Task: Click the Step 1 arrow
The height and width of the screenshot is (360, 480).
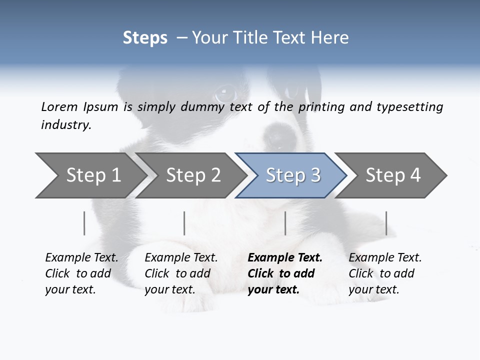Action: pos(90,175)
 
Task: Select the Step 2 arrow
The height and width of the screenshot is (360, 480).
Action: pos(192,175)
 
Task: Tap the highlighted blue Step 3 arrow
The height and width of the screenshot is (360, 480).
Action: pos(292,175)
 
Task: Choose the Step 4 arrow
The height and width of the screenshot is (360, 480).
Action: pos(392,175)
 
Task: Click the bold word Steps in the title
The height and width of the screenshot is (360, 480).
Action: pos(145,37)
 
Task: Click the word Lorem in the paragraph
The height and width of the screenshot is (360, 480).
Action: pos(59,106)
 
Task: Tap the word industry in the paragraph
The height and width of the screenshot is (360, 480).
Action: pos(66,125)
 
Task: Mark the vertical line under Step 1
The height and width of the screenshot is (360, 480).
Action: pos(84,223)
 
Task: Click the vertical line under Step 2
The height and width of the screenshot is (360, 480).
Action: pos(184,223)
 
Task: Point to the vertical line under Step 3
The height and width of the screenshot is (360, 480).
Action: pos(285,223)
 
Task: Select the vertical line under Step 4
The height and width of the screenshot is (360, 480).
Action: pos(386,223)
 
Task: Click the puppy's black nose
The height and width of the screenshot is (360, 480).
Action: pos(276,133)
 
